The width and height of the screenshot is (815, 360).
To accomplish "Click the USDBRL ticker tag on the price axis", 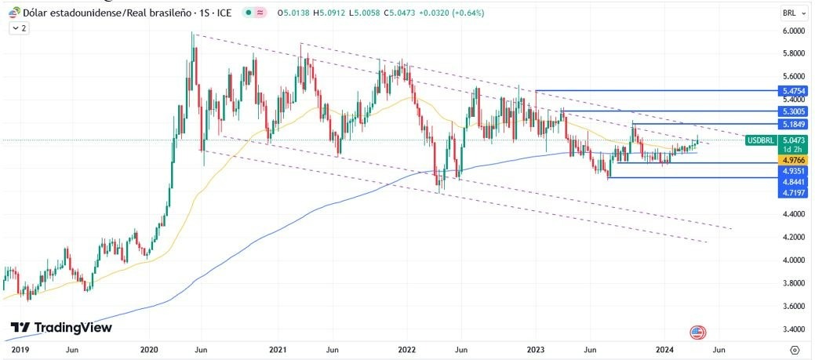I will (760, 140).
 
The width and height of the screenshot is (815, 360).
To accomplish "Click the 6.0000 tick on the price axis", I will (794, 31).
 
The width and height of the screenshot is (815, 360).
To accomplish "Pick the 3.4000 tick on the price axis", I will (794, 329).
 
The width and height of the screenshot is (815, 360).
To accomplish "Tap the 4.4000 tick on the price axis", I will (794, 214).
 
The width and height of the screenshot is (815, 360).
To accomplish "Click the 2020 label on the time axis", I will (149, 349).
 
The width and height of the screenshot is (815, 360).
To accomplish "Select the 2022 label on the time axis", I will (406, 349).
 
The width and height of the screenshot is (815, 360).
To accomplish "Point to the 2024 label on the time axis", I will (664, 349).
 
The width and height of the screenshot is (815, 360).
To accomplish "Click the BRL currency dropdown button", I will (793, 13).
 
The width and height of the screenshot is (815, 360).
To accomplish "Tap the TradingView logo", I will (61, 327).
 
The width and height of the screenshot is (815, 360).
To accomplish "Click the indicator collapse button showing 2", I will (18, 27).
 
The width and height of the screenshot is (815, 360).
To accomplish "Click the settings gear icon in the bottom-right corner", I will (795, 349).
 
